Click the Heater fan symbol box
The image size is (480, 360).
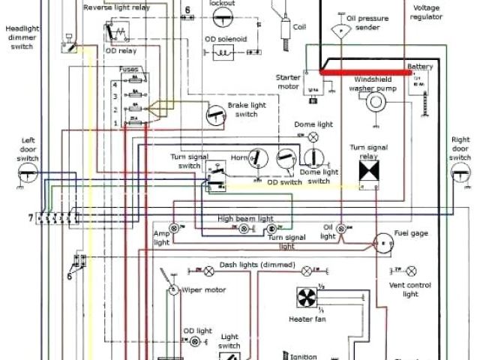coord(306,298)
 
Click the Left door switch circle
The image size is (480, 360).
coord(28,173)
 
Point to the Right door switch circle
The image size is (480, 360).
coord(460,173)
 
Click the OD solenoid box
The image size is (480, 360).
coord(222,52)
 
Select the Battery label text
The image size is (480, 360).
coord(419,66)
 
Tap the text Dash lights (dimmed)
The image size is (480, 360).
coord(256,265)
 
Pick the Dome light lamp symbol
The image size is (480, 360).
coord(314,136)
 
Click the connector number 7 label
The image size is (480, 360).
coord(31,217)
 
